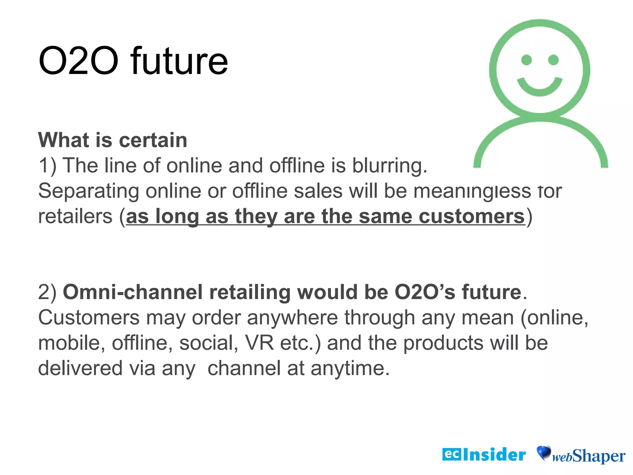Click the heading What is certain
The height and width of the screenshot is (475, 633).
pos(113,140)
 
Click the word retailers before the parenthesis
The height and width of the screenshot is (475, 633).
pos(75,216)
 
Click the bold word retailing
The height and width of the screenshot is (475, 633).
pos(250,292)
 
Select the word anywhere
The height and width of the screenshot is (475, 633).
pos(292,318)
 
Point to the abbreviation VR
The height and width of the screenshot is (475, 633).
pos(259,343)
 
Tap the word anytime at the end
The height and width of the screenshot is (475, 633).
pos(350,368)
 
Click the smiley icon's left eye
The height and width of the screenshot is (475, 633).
pos(526,60)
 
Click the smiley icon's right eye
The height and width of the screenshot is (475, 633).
pos(553,60)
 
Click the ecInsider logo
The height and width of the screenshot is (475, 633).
pos(484,455)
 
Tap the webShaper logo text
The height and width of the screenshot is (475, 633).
pos(589,456)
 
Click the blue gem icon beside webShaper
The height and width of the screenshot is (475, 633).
pos(544,452)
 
